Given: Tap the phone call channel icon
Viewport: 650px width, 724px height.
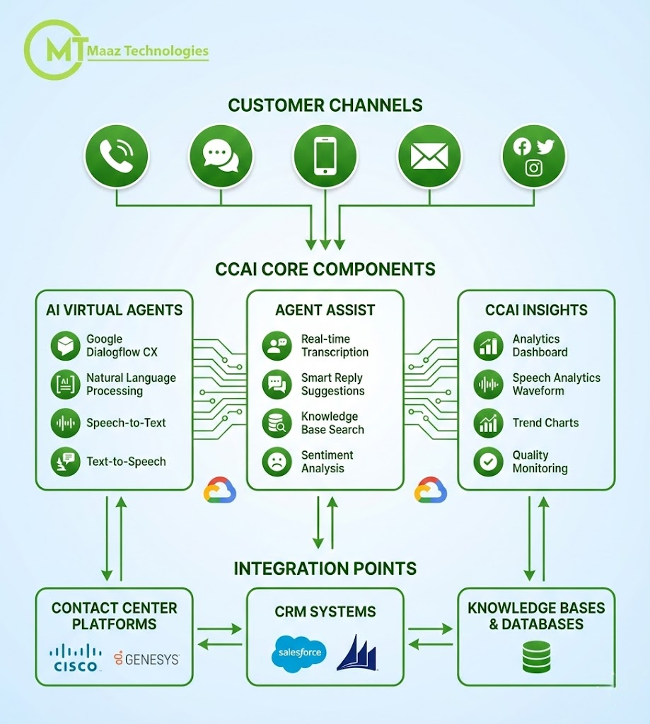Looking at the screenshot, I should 116,156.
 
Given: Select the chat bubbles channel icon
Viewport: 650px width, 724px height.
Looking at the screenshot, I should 220,156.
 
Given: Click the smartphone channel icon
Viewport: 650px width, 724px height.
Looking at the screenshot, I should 325,156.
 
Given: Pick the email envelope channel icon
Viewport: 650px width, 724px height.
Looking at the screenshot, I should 429,156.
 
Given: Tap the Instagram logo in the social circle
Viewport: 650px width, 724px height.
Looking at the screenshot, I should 534,168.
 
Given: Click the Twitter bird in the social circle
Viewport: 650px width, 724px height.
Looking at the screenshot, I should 545,146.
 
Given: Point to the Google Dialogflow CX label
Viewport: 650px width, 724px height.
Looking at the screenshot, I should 114,346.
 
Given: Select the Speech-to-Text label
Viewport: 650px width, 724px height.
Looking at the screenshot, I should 126,423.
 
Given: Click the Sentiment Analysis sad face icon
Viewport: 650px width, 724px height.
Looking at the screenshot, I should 276,462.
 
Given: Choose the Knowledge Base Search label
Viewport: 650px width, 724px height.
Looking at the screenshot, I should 332,423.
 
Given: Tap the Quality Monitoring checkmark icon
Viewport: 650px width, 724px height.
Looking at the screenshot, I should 487,462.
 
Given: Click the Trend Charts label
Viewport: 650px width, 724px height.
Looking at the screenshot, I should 545,423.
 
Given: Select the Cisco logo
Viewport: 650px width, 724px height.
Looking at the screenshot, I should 76,658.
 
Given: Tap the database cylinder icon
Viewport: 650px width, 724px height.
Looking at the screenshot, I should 536,657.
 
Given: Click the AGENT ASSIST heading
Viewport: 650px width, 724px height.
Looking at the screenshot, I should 325,310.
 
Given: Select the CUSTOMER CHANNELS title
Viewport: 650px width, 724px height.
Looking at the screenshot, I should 325,105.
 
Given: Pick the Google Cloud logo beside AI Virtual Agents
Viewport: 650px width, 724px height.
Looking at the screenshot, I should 220,490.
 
